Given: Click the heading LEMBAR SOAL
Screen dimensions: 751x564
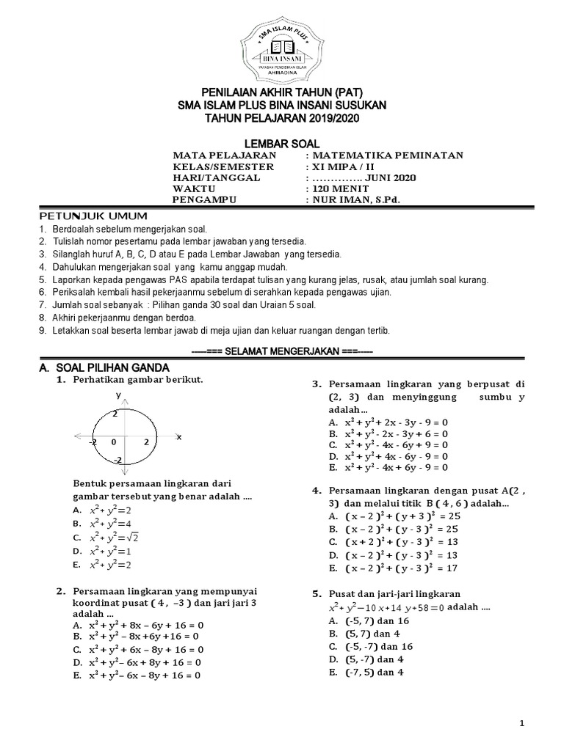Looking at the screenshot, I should (282, 144).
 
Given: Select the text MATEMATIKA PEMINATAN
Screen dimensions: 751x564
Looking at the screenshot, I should (387, 155).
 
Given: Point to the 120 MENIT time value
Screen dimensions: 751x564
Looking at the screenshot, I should (339, 188).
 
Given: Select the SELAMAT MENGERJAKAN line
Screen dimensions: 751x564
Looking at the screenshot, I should (282, 352).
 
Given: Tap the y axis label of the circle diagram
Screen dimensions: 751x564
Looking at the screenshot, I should (117, 395).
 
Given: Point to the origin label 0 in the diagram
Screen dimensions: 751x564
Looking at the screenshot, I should (114, 442).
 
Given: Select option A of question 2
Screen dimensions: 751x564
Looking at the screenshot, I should (138, 625).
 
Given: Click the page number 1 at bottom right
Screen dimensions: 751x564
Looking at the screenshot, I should (522, 724).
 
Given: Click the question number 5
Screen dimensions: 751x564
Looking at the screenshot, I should (317, 593).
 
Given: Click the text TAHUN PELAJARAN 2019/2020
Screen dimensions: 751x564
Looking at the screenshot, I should (282, 118).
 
